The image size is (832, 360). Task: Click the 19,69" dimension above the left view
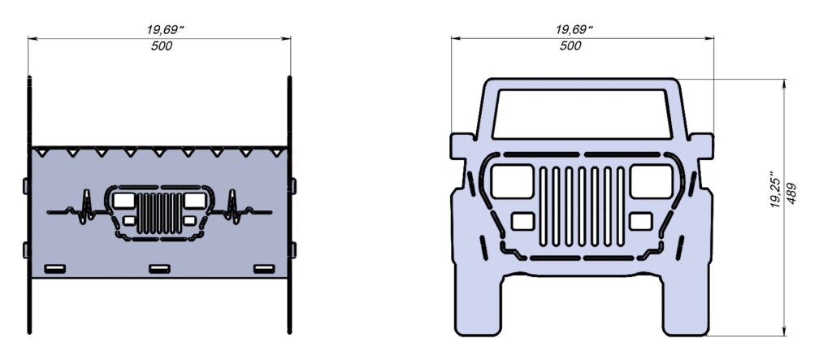tap(161, 29)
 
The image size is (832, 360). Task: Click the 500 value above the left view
tap(161, 46)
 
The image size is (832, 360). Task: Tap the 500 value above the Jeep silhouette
tap(571, 46)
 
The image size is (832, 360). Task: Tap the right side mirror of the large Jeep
tap(704, 145)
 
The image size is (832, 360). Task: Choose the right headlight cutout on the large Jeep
tap(652, 180)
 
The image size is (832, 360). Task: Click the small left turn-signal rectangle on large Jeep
tap(523, 220)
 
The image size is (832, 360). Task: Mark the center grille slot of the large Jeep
tap(583, 206)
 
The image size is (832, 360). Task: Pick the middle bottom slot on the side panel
tap(159, 268)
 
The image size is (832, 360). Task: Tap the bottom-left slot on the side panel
tap(54, 268)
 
